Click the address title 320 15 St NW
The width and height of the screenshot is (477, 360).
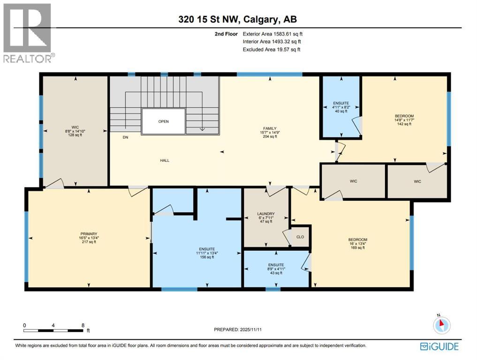[238, 19]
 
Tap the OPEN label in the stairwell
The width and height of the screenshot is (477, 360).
[163, 121]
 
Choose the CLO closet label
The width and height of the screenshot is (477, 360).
[300, 237]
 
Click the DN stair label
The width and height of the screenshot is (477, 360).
[125, 138]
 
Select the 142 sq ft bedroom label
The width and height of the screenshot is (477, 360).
[404, 115]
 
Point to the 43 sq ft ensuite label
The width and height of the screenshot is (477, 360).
[276, 265]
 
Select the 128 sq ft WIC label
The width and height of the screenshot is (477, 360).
[75, 127]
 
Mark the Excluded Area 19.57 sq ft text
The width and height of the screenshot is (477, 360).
[272, 49]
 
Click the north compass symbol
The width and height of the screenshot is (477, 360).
[441, 325]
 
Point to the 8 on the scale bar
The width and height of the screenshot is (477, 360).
[83, 325]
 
